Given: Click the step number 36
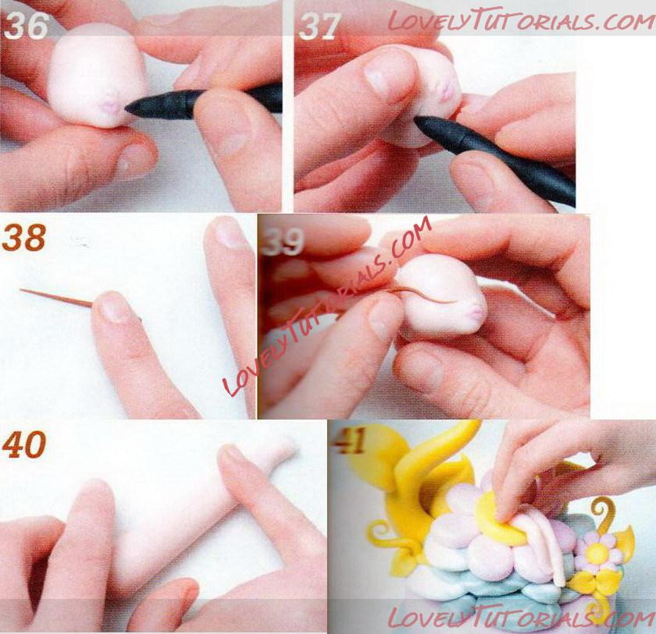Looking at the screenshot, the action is tap(27, 26).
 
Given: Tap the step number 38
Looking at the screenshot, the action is tap(24, 237).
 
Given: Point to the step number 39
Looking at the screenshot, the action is tap(282, 242).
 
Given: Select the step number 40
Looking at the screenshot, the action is tap(24, 445).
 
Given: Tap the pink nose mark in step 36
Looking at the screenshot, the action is tap(111, 107).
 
